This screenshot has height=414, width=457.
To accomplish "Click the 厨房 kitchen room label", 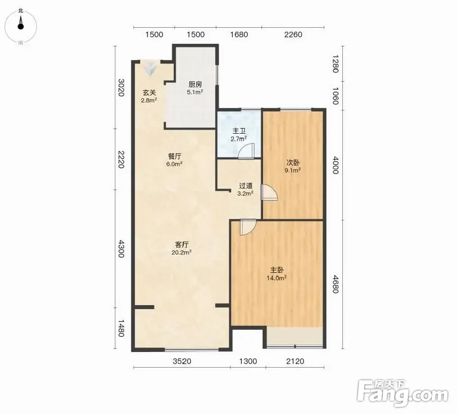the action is (195, 84).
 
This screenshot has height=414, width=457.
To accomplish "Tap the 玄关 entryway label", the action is (149, 93).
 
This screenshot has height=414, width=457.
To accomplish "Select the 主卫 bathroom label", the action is (239, 131).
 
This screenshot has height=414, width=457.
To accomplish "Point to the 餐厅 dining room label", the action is (175, 156).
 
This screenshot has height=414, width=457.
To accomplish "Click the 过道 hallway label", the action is (245, 186).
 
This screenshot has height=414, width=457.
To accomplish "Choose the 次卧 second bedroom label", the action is (292, 162).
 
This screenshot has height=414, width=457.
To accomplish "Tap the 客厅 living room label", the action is (182, 245).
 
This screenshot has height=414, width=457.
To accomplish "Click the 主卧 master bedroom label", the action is (277, 270).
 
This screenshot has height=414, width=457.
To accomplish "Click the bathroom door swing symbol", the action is (246, 152).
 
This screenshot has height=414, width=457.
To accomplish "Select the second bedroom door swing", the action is (269, 193).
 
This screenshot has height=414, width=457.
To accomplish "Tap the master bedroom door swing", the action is (248, 227).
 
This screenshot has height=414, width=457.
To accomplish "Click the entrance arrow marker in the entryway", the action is (150, 69).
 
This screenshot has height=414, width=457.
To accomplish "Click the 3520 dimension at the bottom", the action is (182, 361).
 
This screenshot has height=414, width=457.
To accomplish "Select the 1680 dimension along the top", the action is (239, 35).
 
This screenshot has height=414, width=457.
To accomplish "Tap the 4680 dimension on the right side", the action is (336, 284).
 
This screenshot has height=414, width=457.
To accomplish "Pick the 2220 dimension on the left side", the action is (121, 159).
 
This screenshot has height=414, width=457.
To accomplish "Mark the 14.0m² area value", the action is (277, 278).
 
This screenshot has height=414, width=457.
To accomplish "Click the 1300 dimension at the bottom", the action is (248, 361).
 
